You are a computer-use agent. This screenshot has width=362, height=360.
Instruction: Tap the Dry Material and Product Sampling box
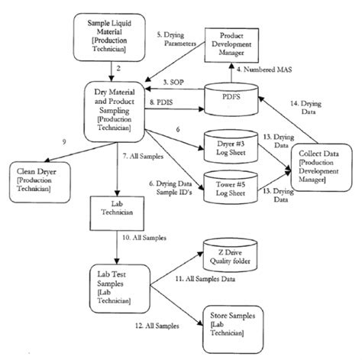coord(116,110)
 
